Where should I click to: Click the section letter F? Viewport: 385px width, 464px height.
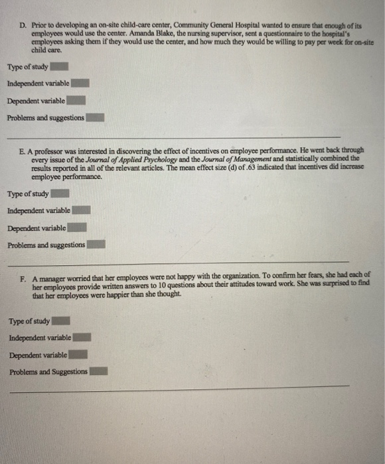click(23, 274)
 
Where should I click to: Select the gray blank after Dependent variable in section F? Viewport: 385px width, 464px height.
click(77, 355)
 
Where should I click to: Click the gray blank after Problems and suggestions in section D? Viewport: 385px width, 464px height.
click(96, 118)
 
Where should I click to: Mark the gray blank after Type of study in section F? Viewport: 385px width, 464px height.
click(61, 321)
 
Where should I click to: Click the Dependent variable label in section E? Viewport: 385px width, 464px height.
click(36, 228)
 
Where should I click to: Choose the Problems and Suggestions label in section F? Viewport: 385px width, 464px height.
click(48, 372)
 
